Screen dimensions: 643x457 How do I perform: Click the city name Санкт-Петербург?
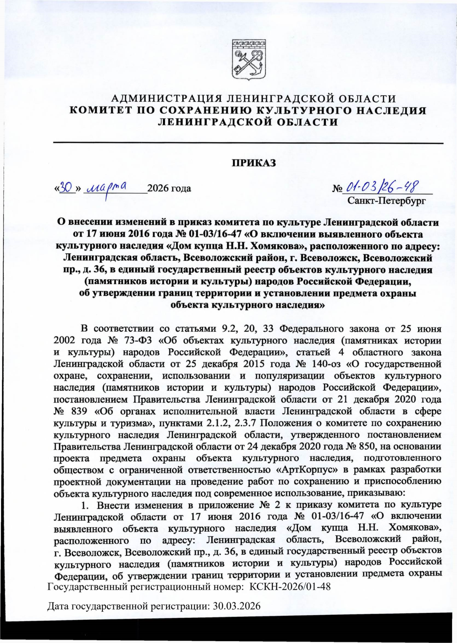pos(387,200)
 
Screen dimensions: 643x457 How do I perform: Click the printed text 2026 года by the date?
pos(169,188)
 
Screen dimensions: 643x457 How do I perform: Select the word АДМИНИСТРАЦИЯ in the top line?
pos(166,99)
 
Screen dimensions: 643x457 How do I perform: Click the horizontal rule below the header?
pos(248,143)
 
